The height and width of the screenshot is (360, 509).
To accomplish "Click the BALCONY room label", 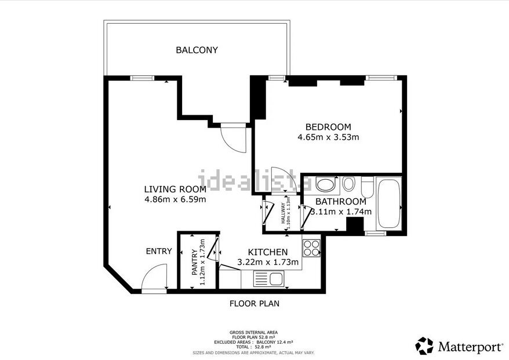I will pyautogui.click(x=197, y=50).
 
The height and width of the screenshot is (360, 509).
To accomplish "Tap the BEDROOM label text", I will pyautogui.click(x=328, y=127).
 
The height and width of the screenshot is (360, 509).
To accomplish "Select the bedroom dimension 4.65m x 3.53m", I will pyautogui.click(x=328, y=137).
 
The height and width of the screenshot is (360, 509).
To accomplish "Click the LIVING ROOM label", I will pyautogui.click(x=175, y=189).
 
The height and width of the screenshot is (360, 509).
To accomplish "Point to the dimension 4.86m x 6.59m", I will pyautogui.click(x=175, y=199).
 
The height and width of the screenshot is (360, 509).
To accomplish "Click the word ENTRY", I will pyautogui.click(x=159, y=251).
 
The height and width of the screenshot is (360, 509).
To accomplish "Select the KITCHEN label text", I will pyautogui.click(x=268, y=252).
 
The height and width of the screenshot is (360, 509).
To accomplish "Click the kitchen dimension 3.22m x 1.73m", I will pyautogui.click(x=268, y=263).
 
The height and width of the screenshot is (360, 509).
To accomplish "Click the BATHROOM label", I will pyautogui.click(x=340, y=201).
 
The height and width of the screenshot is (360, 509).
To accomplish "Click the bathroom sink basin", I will pyautogui.click(x=325, y=186).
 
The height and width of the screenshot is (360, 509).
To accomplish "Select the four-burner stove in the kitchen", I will pyautogui.click(x=311, y=248).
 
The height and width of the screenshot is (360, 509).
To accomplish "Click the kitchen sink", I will pyautogui.click(x=269, y=279).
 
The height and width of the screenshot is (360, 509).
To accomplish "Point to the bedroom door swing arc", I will pyautogui.click(x=283, y=179).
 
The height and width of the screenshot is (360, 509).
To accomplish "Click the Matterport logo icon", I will pyautogui.click(x=424, y=346).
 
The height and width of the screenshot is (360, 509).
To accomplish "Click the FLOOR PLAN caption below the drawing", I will pyautogui.click(x=254, y=303).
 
